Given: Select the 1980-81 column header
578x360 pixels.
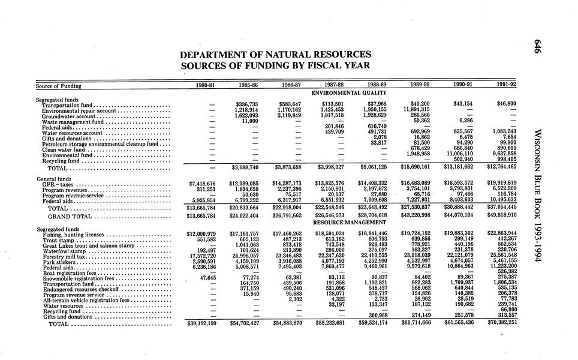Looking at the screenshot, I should click(x=206, y=86).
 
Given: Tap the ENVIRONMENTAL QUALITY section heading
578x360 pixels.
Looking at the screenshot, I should click(x=350, y=93).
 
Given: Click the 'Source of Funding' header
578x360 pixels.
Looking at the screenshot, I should click(x=58, y=86).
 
